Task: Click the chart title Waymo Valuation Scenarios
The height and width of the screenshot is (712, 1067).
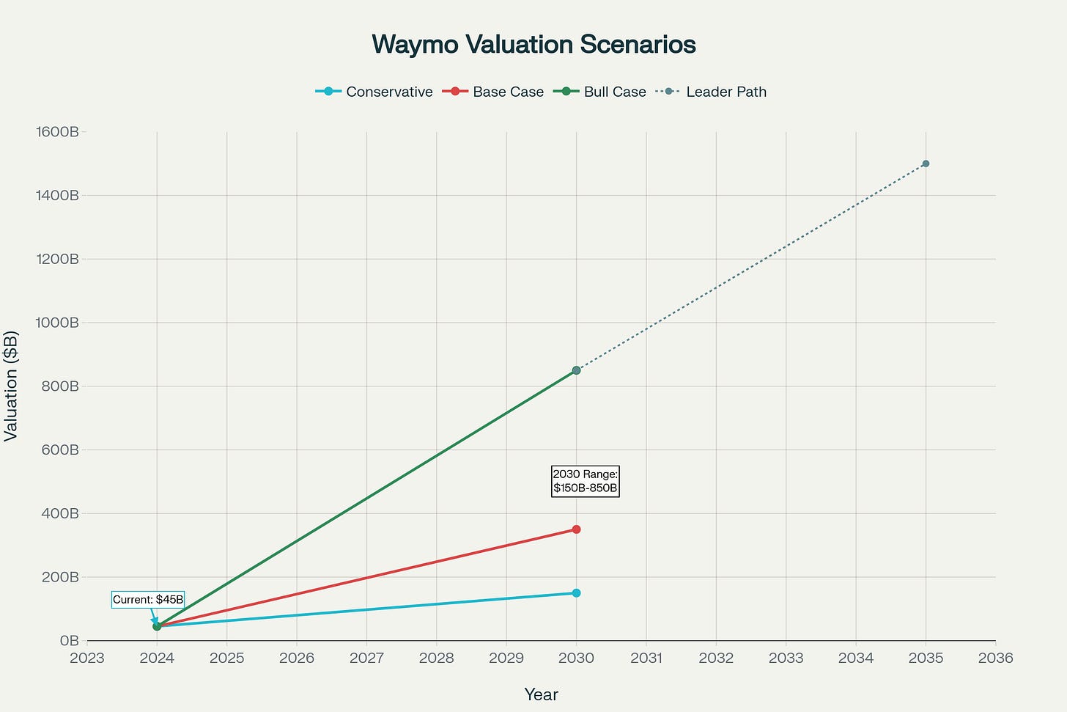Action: click(x=533, y=45)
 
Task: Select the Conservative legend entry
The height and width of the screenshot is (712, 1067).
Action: click(x=374, y=92)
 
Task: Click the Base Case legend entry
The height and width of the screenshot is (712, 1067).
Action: click(x=494, y=92)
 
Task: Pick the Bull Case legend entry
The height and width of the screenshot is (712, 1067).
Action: click(x=600, y=92)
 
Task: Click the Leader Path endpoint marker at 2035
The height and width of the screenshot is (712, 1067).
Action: click(x=926, y=164)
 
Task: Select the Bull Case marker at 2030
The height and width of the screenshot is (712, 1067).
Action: click(x=576, y=370)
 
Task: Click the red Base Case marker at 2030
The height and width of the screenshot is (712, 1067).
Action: click(x=576, y=529)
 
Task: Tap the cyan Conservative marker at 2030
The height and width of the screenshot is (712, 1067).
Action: click(x=576, y=592)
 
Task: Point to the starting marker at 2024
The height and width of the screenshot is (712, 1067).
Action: click(x=157, y=626)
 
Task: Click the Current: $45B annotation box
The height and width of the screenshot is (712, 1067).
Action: click(x=148, y=600)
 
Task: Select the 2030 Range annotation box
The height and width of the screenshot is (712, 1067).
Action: click(x=585, y=481)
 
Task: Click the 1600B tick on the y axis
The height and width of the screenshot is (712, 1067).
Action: click(x=57, y=132)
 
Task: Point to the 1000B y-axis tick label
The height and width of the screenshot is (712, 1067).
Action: click(x=57, y=323)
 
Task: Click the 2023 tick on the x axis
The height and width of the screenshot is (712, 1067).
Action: click(x=87, y=658)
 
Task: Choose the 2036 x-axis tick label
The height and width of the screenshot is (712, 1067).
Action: click(x=995, y=658)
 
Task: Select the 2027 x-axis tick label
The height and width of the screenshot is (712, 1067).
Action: click(x=366, y=658)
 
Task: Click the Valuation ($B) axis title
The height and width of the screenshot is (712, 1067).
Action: click(x=11, y=386)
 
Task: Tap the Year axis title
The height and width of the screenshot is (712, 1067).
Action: click(x=541, y=694)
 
